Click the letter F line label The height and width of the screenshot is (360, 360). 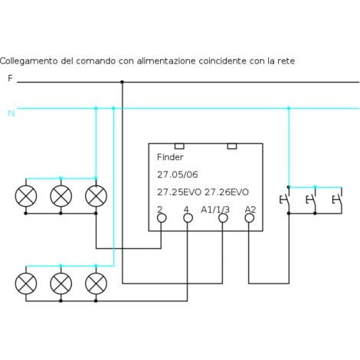point(10,78)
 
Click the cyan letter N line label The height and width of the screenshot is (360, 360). point(11,113)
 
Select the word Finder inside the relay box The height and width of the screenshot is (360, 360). point(170,157)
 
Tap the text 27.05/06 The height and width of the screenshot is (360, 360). point(172,175)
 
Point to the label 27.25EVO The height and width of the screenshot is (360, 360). point(178,191)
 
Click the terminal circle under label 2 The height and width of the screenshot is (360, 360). point(162,218)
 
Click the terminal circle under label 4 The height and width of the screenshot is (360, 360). point(188,218)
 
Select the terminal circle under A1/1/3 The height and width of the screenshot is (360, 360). point(223,218)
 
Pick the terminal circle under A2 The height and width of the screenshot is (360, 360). point(249,218)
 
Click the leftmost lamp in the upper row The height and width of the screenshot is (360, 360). point(26,196)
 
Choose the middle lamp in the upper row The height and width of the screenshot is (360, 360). point(61,196)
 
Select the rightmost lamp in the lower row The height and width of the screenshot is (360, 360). point(96,284)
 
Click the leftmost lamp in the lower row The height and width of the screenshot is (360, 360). point(26,284)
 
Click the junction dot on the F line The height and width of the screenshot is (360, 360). point(122,81)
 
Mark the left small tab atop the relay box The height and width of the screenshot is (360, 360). point(179,146)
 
